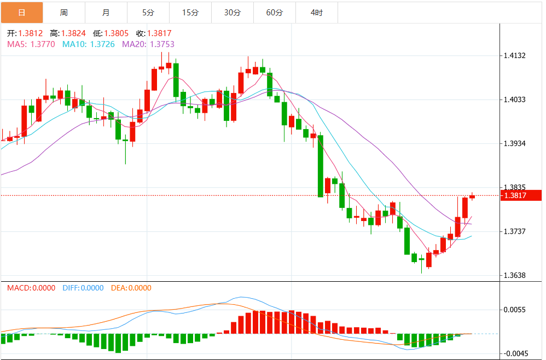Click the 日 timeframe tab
[21, 12]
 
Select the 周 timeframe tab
[64, 12]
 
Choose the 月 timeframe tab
[106, 12]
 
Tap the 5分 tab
[148, 12]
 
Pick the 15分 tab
[190, 12]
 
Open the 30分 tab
[233, 12]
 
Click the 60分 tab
[275, 12]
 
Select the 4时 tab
[317, 12]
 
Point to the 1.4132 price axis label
[515, 56]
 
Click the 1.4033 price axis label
[515, 100]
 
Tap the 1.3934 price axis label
[515, 143]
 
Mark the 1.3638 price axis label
[515, 275]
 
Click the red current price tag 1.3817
[520, 195]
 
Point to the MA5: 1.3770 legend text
[31, 44]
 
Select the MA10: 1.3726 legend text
[89, 44]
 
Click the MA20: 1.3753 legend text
[148, 44]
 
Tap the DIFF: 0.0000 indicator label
[83, 288]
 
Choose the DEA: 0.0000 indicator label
[131, 288]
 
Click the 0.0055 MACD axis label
[515, 310]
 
